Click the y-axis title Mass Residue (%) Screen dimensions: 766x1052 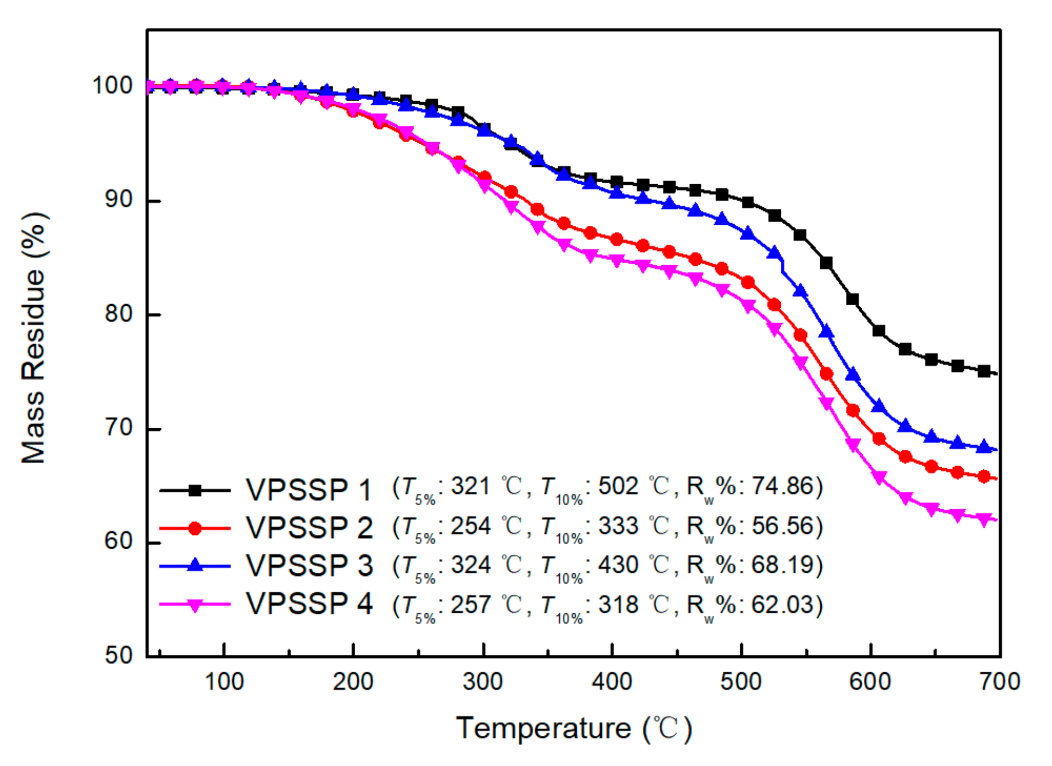pyautogui.click(x=34, y=339)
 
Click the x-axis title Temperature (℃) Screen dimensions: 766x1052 pyautogui.click(x=574, y=728)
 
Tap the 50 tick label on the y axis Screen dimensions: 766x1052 pyautogui.click(x=119, y=655)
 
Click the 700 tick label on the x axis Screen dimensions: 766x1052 pyautogui.click(x=1000, y=682)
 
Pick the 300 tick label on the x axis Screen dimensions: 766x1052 pyautogui.click(x=483, y=682)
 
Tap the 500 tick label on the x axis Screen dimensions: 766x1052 pyautogui.click(x=741, y=682)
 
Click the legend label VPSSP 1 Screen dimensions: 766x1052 pyautogui.click(x=309, y=490)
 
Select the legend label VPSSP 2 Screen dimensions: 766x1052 pyautogui.click(x=309, y=527)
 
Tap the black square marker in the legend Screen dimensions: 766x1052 pyautogui.click(x=195, y=490)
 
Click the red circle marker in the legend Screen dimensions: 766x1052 pyautogui.click(x=195, y=528)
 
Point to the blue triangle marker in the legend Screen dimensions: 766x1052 pyautogui.click(x=195, y=565)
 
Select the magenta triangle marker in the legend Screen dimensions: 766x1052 pyautogui.click(x=195, y=605)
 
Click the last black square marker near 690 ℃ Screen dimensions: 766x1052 pyautogui.click(x=984, y=371)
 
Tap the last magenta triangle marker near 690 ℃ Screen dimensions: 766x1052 pyautogui.click(x=984, y=519)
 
